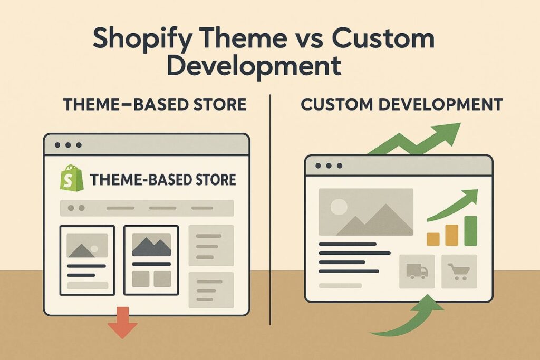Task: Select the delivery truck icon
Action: [x=417, y=271]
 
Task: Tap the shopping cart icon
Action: [x=458, y=271]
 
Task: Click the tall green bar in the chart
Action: [x=470, y=230]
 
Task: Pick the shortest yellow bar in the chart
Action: [x=433, y=239]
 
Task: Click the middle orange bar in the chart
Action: [x=451, y=235]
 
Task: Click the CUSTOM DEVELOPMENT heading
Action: [x=401, y=104]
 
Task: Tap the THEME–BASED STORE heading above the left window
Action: [x=155, y=104]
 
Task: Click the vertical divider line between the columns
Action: [x=270, y=211]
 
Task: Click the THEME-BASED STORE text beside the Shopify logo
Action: [x=162, y=180]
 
